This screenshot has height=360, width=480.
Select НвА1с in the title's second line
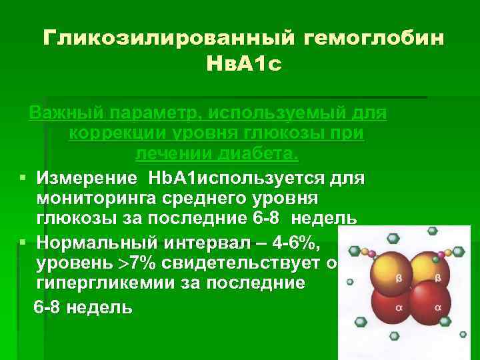[x=241, y=65]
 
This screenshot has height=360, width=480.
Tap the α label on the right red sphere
[x=437, y=307]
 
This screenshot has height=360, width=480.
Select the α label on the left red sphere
[x=399, y=307]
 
